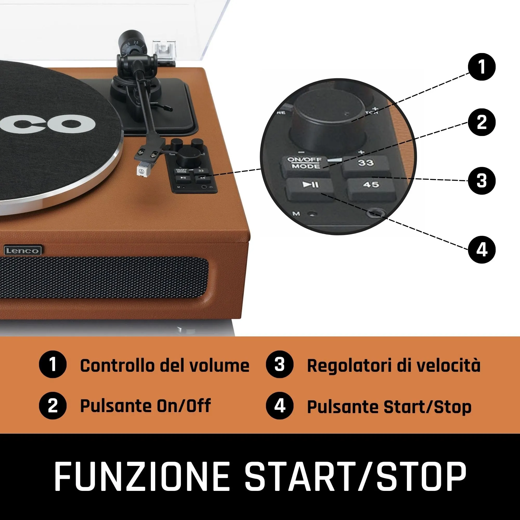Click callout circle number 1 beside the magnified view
[482, 67]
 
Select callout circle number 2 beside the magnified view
[482, 122]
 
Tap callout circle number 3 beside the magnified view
[482, 181]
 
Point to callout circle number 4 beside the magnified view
[482, 250]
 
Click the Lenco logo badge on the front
[23, 251]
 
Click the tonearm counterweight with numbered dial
[132, 43]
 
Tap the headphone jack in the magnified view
[375, 213]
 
